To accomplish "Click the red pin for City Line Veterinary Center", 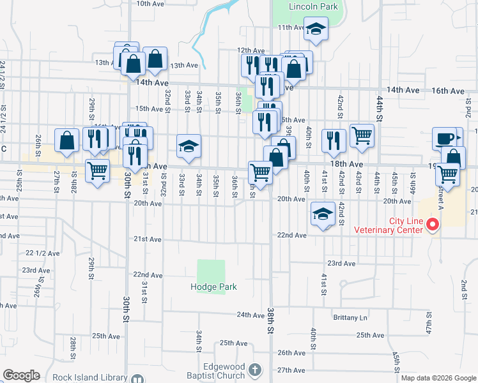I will point(433,225).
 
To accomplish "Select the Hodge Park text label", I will point(213,287).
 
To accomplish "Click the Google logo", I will point(21,375).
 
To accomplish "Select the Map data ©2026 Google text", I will point(438,378).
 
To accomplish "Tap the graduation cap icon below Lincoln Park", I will point(316,29).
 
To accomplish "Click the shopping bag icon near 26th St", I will point(67,141).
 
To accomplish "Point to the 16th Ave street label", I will point(447,91).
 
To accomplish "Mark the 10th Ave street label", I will point(150,4).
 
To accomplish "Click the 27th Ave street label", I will point(291,370).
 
